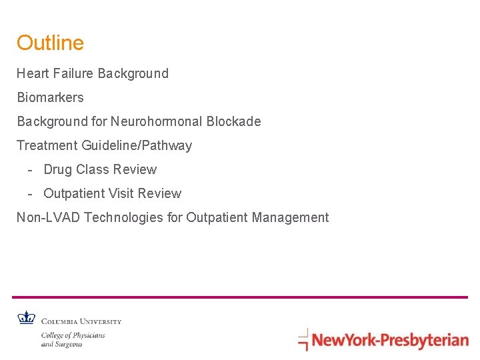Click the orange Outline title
pos(50,43)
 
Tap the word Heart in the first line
pos(31,73)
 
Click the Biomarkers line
pos(50,97)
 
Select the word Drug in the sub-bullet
pos(57,169)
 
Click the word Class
pos(92,169)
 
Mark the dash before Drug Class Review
pos(31,170)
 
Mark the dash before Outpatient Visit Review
pos(31,194)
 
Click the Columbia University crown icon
pos(27,318)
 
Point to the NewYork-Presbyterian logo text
pos(390,341)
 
